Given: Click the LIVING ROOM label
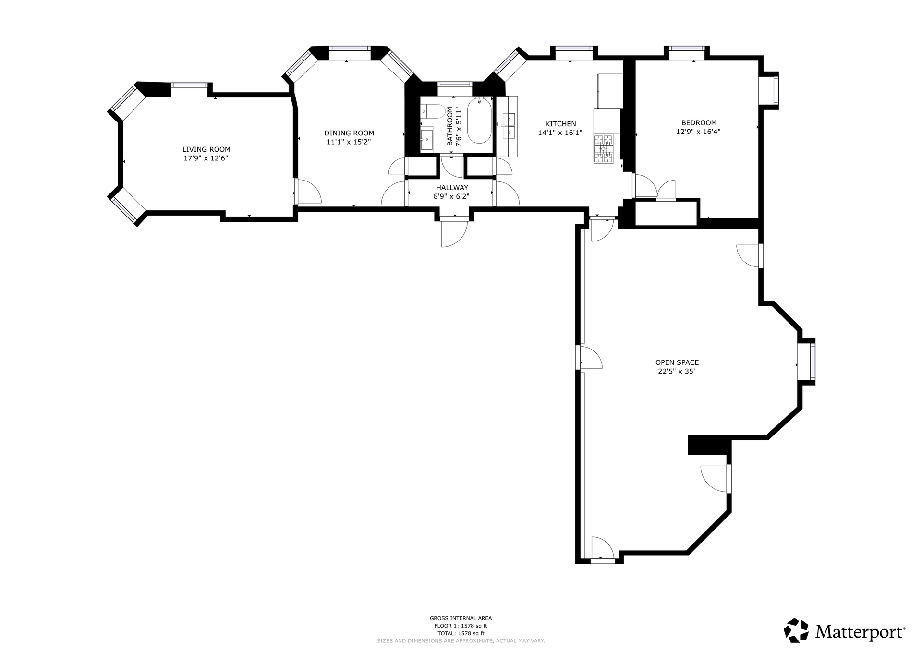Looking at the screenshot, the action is pyautogui.click(x=206, y=149).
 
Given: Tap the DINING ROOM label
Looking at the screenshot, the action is pyautogui.click(x=349, y=133).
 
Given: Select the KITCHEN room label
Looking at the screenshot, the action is pyautogui.click(x=560, y=124).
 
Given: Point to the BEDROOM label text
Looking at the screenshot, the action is pyautogui.click(x=699, y=123).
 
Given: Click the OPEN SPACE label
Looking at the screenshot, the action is pyautogui.click(x=677, y=362).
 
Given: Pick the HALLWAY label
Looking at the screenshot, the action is pyautogui.click(x=452, y=188).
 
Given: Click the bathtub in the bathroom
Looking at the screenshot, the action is pyautogui.click(x=479, y=121).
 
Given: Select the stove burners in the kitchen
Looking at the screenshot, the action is pyautogui.click(x=604, y=149).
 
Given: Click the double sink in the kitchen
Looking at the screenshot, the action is pyautogui.click(x=508, y=125).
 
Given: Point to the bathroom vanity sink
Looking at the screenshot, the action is pyautogui.click(x=427, y=140).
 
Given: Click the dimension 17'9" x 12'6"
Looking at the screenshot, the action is pyautogui.click(x=206, y=158).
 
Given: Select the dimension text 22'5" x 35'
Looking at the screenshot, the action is pyautogui.click(x=677, y=371).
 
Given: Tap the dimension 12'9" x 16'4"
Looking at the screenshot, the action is pyautogui.click(x=698, y=132).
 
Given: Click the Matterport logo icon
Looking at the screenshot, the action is pyautogui.click(x=796, y=630).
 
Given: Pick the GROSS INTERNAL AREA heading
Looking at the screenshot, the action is pyautogui.click(x=461, y=618).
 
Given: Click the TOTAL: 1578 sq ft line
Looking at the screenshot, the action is pyautogui.click(x=461, y=633).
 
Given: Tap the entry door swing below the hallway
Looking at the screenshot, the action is pyautogui.click(x=454, y=233).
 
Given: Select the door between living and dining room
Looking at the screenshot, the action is pyautogui.click(x=308, y=191).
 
